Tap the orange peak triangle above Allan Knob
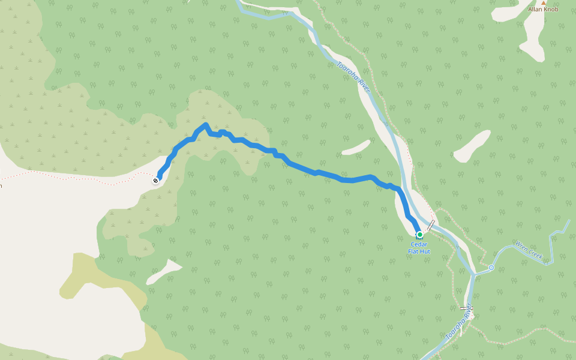[544, 2]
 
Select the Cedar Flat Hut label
[420, 248]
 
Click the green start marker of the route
[419, 235]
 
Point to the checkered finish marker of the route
[156, 180]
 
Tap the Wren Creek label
[529, 251]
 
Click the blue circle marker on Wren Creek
[491, 267]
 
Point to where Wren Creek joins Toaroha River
[474, 275]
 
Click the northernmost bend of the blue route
[205, 125]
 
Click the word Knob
[553, 10]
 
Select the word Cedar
[420, 244]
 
